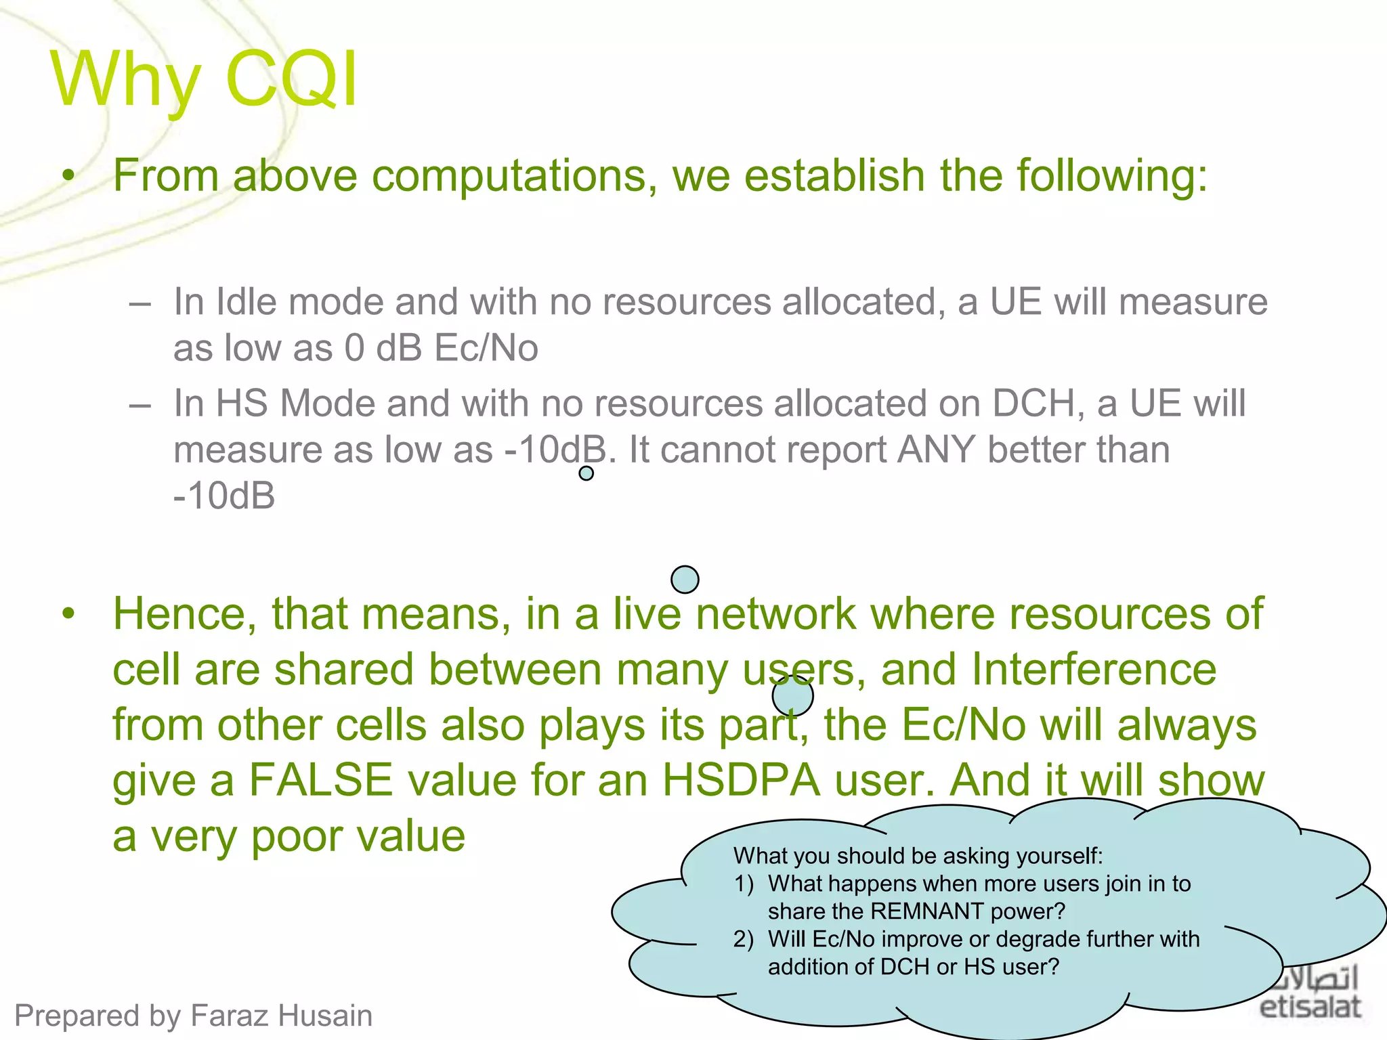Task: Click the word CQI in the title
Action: tap(291, 79)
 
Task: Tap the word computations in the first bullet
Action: tap(513, 175)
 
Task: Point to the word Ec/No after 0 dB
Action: tap(486, 348)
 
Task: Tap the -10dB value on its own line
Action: tap(224, 496)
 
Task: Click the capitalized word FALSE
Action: tap(320, 780)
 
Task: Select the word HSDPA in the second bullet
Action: tap(741, 780)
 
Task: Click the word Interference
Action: tap(1094, 670)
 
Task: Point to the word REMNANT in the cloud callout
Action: tap(926, 911)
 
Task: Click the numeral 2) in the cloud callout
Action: tap(744, 939)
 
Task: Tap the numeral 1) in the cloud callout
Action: tap(744, 884)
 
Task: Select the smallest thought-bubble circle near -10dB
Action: tap(586, 473)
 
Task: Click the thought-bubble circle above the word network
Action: tap(685, 580)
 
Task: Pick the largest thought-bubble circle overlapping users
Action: tap(792, 695)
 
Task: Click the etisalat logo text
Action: tap(1310, 1007)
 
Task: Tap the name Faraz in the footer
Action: tap(228, 1016)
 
